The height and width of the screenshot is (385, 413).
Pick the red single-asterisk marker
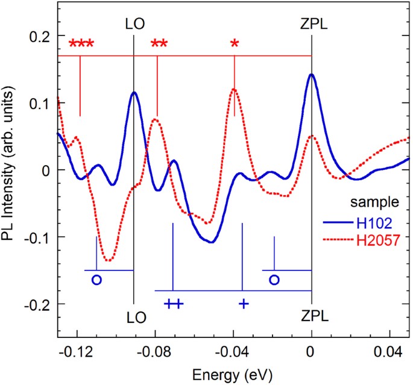pos(235,44)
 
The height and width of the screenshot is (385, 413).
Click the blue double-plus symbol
pos(173,303)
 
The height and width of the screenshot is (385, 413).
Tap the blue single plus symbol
pos(243,303)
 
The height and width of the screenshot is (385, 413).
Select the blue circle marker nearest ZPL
pos(274,280)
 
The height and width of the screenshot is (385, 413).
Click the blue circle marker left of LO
pos(96,280)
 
